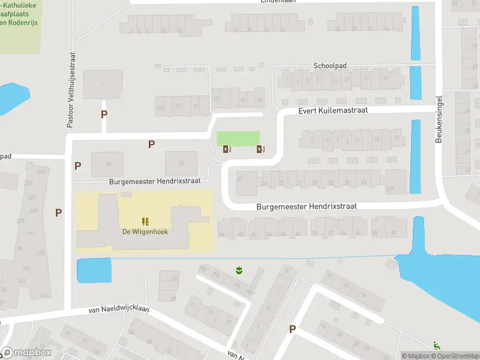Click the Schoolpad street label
coord(331,65)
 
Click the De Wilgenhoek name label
coord(144,232)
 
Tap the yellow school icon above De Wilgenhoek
coord(145,221)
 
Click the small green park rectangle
coord(238,138)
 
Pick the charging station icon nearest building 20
coord(226,149)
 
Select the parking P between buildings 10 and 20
coord(151,144)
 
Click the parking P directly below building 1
coord(104,114)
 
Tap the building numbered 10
coord(107,164)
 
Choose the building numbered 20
coord(181,163)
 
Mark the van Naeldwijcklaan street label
coord(118,310)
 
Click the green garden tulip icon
coord(238,271)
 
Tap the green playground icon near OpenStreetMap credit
coord(436,346)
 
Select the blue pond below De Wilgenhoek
coord(95,270)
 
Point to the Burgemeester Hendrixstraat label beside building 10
coord(158,180)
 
